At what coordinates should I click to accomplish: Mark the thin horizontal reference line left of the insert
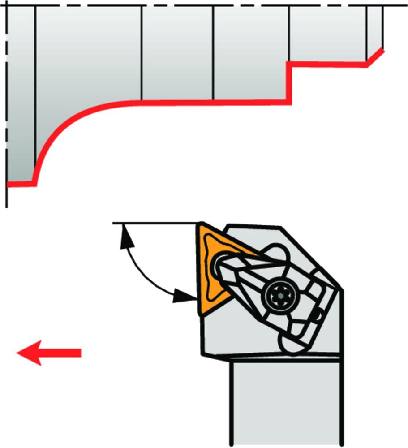[152, 223]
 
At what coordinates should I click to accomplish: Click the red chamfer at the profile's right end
[375, 57]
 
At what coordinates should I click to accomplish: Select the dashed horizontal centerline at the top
[202, 6]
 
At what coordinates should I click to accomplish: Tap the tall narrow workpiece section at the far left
[21, 94]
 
